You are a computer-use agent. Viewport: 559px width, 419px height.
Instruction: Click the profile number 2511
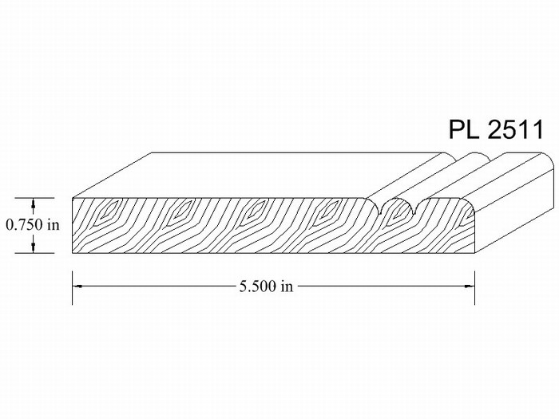(x=515, y=129)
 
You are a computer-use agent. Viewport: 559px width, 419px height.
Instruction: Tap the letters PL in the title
(x=464, y=129)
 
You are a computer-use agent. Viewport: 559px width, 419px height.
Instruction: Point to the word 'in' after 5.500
(x=287, y=286)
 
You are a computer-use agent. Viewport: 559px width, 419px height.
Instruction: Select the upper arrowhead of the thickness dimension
(x=34, y=204)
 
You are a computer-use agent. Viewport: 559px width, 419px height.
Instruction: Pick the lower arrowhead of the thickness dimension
(x=34, y=247)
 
